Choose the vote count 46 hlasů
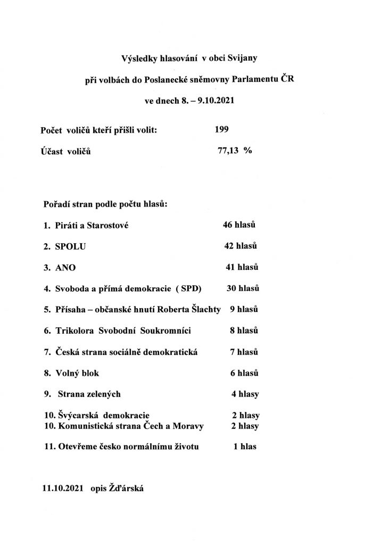239,225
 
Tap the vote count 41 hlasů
242,267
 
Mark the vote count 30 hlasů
242,288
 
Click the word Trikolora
75,331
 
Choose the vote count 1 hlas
245,447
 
